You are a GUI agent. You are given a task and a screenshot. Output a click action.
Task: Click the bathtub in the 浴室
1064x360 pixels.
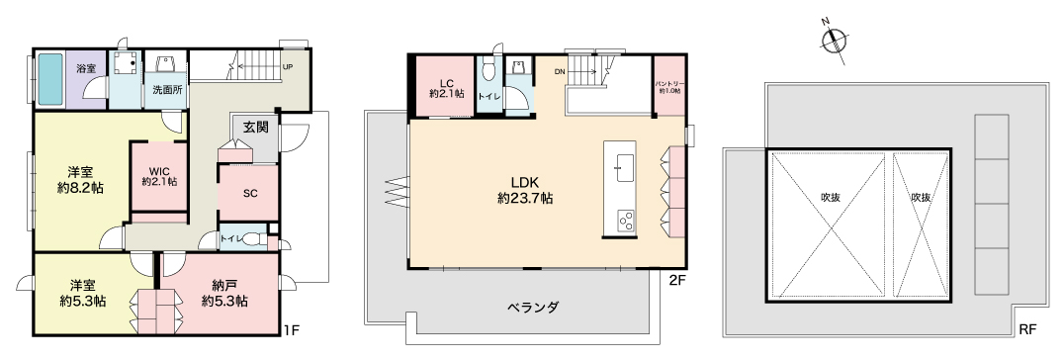coord(50,79)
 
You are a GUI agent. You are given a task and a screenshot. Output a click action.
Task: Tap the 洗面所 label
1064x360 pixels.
coord(166,89)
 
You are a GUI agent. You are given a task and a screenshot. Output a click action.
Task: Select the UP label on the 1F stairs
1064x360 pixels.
coord(288,67)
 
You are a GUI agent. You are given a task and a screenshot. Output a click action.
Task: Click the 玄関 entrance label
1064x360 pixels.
coord(256,127)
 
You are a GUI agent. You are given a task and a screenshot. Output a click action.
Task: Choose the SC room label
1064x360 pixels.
coord(249,192)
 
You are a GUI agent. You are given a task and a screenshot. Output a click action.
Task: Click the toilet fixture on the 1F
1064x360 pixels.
coord(255,238)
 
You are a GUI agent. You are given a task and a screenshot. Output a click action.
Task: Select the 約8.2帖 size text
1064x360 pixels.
coord(80,188)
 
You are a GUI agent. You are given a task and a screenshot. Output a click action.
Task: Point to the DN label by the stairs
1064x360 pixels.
coord(560,70)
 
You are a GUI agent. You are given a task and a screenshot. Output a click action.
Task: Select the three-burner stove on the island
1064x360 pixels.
coord(625,221)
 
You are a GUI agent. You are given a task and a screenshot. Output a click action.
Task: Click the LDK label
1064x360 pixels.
coord(524,182)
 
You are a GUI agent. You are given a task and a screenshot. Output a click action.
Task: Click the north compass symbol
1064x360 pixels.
coord(834,41)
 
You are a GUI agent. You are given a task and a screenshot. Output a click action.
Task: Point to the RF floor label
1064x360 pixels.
coord(1027,330)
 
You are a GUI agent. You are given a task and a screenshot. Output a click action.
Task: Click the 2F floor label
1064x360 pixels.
coord(675,279)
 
